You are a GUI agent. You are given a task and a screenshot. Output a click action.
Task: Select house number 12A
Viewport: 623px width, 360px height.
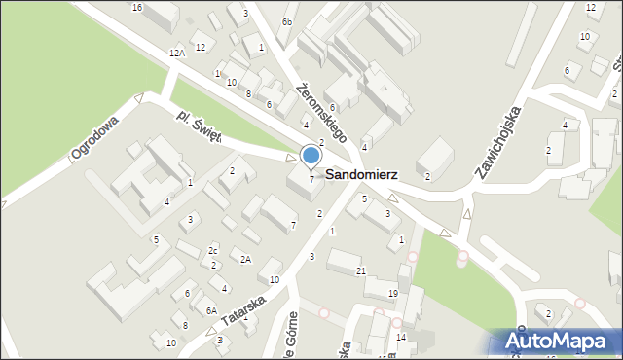176,54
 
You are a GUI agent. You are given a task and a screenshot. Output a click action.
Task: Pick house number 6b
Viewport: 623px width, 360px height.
286,22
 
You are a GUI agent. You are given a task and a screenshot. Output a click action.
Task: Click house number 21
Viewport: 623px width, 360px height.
361,270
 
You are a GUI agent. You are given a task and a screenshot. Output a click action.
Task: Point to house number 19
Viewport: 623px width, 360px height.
393,293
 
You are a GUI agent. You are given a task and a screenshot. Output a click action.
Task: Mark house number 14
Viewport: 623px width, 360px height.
401,337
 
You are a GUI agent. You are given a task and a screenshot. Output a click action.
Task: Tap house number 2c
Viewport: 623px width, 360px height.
213,251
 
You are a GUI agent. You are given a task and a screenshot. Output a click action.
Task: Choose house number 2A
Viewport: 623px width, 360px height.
246,259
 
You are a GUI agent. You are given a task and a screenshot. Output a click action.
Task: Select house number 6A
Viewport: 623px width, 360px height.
210,311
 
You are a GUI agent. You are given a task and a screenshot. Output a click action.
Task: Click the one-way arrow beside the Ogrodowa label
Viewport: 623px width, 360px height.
139,98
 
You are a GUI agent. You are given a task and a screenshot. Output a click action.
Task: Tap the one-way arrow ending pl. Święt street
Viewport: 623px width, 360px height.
291,157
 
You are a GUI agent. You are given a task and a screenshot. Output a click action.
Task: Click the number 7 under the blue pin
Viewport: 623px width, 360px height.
311,178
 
